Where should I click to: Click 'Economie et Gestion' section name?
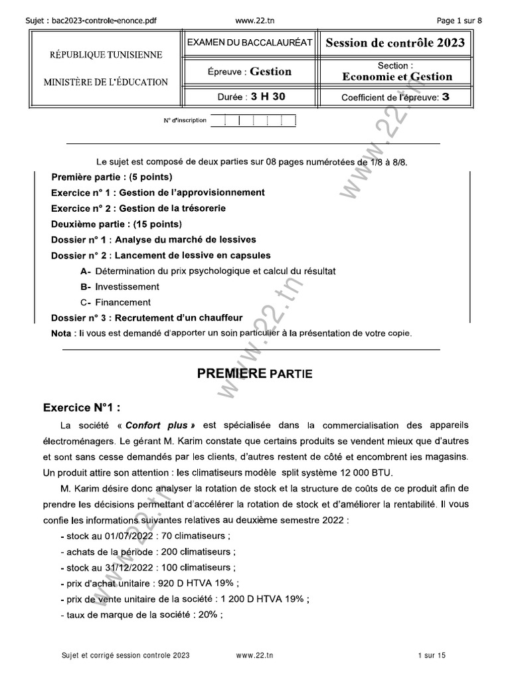pyautogui.click(x=397, y=77)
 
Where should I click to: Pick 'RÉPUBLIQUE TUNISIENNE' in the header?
pyautogui.click(x=106, y=54)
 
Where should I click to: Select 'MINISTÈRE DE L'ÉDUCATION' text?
pyautogui.click(x=106, y=82)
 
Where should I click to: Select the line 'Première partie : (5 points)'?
pyautogui.click(x=112, y=177)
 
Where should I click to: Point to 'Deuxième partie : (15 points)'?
pyautogui.click(x=116, y=224)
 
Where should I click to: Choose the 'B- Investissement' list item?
pyautogui.click(x=120, y=287)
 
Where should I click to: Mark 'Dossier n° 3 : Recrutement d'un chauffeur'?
pyautogui.click(x=147, y=317)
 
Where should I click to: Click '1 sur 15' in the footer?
pyautogui.click(x=432, y=655)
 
